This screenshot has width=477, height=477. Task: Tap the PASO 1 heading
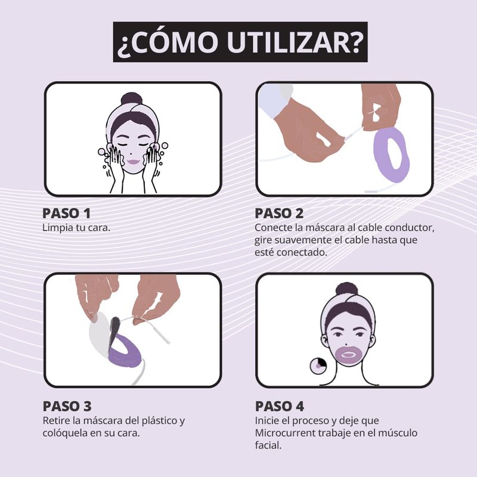[66, 213]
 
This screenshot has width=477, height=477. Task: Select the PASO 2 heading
[279, 213]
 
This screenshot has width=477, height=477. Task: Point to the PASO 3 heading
[67, 406]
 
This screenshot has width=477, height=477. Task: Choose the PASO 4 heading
[279, 406]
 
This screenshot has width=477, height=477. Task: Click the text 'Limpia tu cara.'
[76, 228]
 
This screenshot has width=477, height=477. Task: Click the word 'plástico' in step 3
[160, 421]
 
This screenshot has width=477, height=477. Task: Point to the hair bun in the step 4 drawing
[346, 290]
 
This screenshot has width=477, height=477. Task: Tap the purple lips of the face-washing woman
[133, 162]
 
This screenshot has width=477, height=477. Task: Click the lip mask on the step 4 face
[347, 355]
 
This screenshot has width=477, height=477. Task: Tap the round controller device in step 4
[318, 366]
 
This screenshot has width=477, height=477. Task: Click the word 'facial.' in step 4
[268, 445]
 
